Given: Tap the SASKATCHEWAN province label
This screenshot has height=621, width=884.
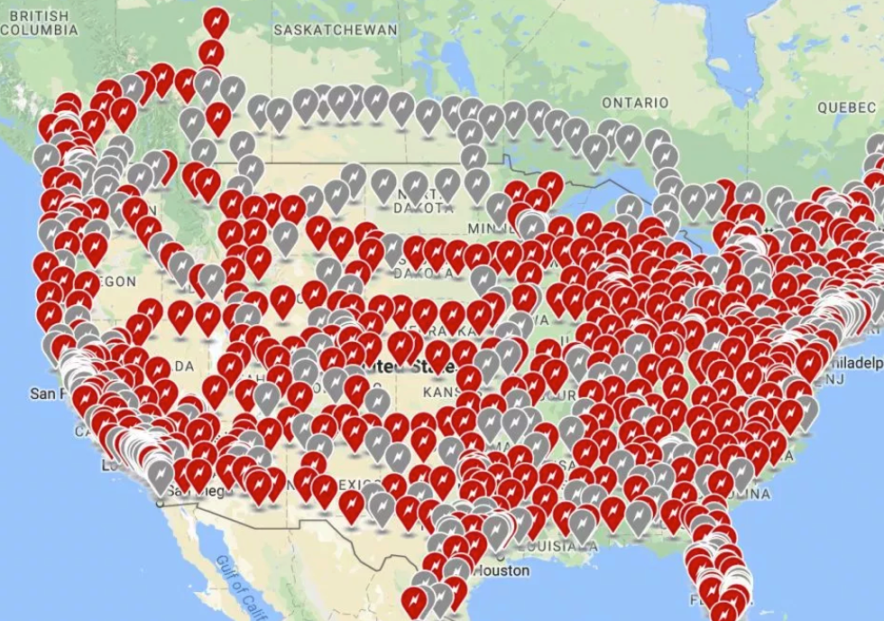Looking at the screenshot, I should pos(335,30).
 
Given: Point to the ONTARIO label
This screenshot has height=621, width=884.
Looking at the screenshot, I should pos(635,103).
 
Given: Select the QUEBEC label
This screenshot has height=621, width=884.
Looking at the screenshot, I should pos(846,107).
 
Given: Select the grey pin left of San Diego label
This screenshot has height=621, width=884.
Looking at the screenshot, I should pos(161,475).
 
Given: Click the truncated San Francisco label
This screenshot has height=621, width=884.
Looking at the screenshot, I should pos(50,394).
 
